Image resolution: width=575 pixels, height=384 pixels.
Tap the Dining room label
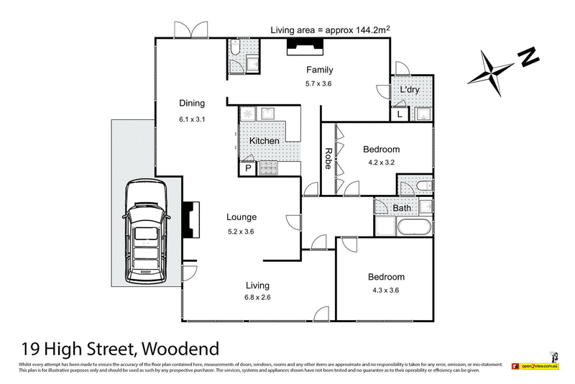click(x=192, y=103)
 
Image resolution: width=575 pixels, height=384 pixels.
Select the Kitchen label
click(x=264, y=141)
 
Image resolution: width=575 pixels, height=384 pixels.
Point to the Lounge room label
click(x=241, y=216)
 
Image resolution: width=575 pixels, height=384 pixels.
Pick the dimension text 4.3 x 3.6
click(x=386, y=291)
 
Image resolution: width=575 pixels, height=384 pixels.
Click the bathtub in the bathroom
click(x=403, y=228)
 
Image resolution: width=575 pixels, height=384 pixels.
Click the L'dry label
click(x=410, y=89)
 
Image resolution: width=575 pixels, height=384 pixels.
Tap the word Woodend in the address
click(x=180, y=349)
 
